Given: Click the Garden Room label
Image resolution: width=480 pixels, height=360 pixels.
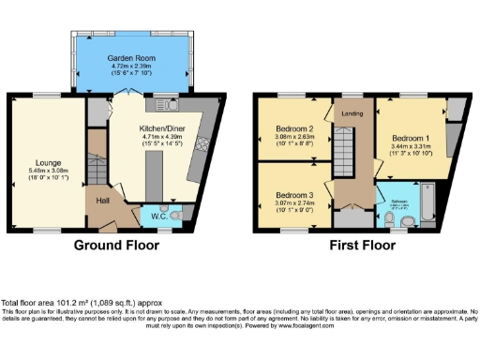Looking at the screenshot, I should point(130,55).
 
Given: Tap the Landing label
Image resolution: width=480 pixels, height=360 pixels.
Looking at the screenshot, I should point(351,114).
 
